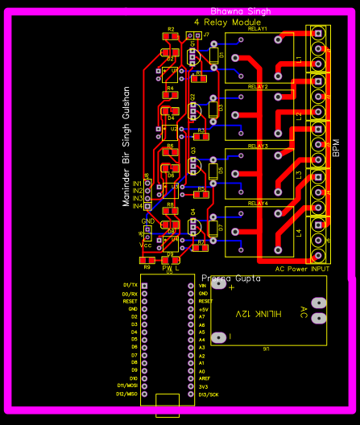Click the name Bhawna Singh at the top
[x=240, y=11]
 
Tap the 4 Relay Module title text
[x=227, y=23]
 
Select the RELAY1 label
[x=258, y=29]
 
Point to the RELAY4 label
[x=258, y=204]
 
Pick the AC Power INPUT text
[x=303, y=269]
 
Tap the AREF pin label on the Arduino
[x=204, y=378]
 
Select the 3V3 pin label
[x=203, y=386]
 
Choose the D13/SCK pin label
[x=209, y=394]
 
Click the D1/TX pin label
[x=130, y=286]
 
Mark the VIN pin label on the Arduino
[x=203, y=286]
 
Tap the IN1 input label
[x=138, y=184]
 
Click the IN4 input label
[x=138, y=206]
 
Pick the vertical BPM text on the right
[x=336, y=146]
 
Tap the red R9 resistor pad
[x=147, y=261]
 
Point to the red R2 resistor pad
[x=171, y=36]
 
